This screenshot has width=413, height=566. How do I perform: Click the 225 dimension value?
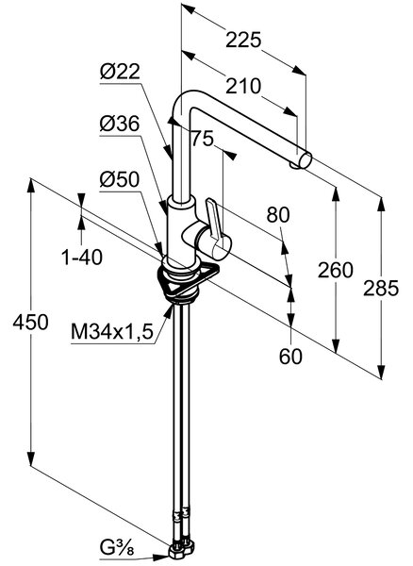click(243, 40)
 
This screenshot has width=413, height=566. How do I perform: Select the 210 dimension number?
click(243, 86)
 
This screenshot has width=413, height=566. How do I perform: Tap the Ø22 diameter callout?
click(120, 72)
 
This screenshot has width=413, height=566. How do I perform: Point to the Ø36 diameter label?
click(120, 125)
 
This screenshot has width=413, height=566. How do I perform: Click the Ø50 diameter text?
click(120, 179)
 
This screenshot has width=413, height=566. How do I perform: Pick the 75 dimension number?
click(203, 139)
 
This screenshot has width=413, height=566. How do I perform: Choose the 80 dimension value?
click(278, 215)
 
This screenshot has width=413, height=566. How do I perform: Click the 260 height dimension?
click(335, 271)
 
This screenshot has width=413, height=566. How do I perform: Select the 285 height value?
click(381, 289)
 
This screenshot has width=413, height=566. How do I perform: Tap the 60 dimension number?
click(290, 357)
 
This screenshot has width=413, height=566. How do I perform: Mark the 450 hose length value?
click(30, 322)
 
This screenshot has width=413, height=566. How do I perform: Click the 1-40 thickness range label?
click(82, 258)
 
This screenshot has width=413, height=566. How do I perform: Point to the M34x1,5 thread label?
click(112, 331)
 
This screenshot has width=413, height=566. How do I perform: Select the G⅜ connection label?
click(117, 549)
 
